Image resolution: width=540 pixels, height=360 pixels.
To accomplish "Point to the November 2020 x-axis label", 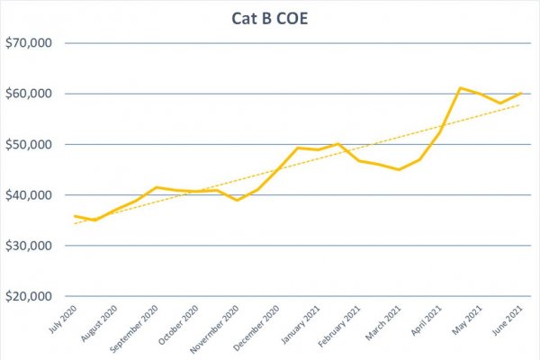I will tap(215, 328).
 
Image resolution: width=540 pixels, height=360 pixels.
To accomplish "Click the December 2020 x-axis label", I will tap(257, 328).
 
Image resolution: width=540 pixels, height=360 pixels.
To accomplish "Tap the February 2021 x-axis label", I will tap(343, 328).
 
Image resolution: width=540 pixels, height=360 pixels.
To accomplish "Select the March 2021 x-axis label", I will tap(386, 324).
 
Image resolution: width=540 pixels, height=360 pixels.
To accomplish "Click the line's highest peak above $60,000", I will tap(460, 88).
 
